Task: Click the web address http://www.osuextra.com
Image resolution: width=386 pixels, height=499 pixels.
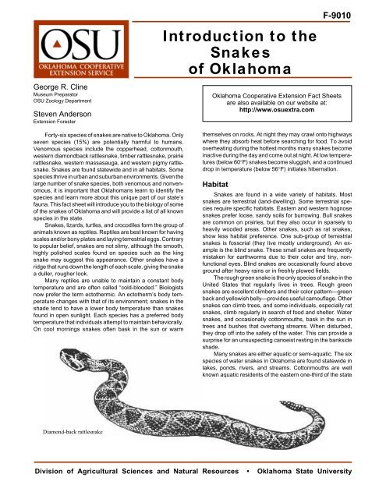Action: [289, 109]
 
